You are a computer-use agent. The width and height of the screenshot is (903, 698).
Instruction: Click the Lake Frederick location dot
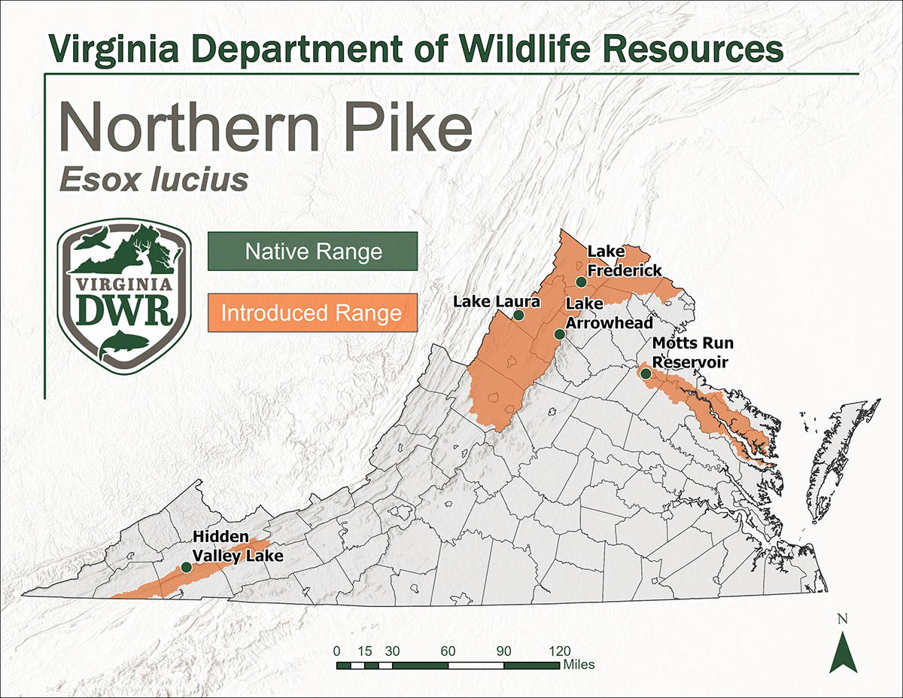(x=581, y=282)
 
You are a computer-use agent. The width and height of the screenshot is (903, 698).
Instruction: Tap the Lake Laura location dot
(x=518, y=315)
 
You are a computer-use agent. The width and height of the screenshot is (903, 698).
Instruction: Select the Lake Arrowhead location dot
(x=559, y=334)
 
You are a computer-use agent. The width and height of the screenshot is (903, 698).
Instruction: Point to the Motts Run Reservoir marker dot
(x=645, y=373)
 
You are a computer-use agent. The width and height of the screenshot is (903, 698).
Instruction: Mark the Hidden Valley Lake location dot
(x=186, y=567)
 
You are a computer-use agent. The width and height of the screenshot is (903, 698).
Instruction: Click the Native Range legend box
(x=312, y=251)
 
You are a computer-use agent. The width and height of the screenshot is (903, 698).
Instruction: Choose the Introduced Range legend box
(x=312, y=312)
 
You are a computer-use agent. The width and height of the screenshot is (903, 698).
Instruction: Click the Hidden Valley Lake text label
(x=238, y=547)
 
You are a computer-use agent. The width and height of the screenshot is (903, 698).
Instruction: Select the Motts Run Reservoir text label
(x=692, y=353)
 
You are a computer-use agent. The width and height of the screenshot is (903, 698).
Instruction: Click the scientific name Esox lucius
(x=153, y=181)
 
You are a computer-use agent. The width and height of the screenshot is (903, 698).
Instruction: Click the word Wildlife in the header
(x=535, y=50)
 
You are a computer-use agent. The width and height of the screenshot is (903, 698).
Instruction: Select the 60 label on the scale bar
(x=448, y=651)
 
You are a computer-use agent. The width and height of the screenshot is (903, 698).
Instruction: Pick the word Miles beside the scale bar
(x=578, y=665)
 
